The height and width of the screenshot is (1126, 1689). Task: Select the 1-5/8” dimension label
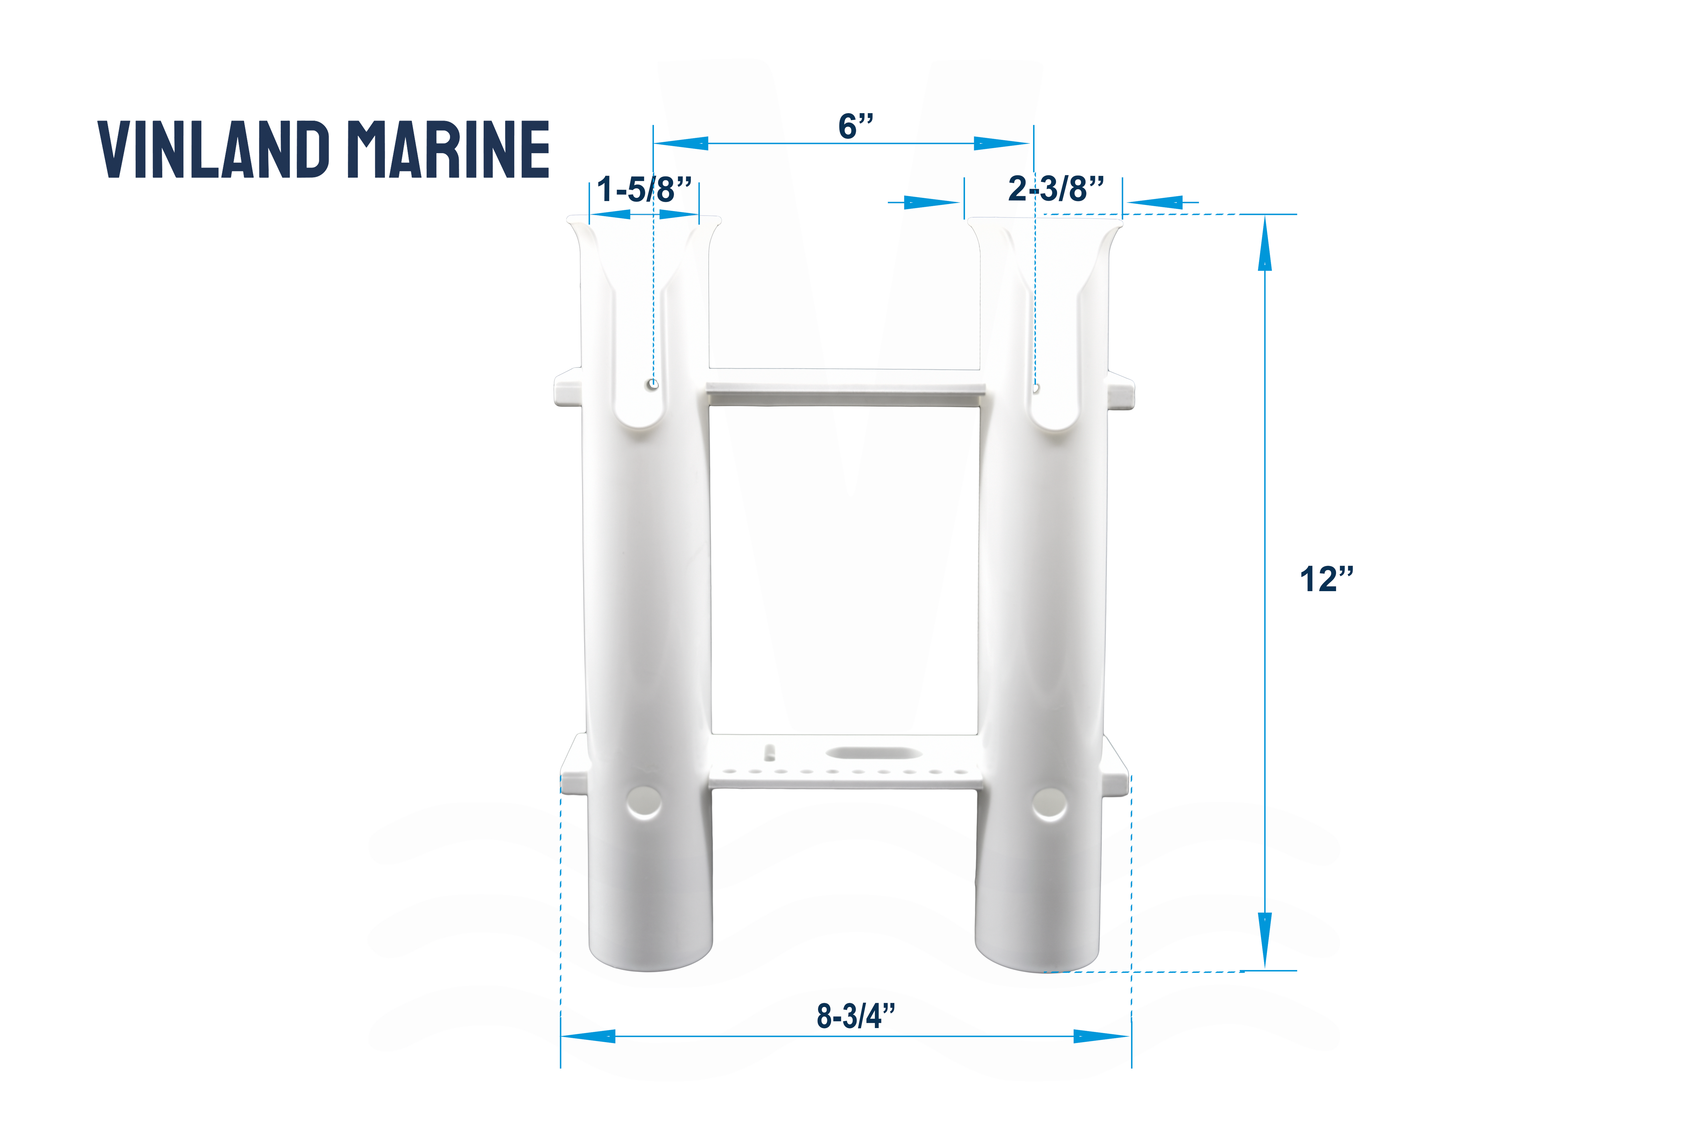pos(644,190)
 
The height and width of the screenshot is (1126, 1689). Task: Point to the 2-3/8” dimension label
pos(1056,189)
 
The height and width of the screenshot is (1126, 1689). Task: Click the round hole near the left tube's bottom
pos(644,803)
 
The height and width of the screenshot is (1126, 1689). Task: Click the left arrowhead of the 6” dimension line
pos(681,144)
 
